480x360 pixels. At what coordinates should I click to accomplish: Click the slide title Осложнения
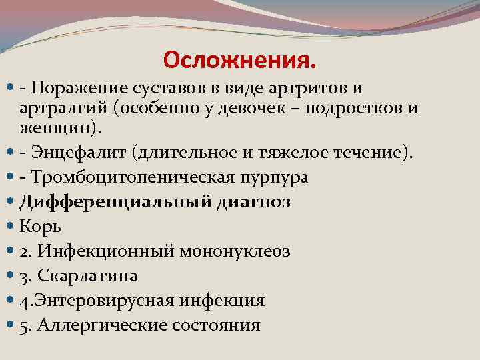239,61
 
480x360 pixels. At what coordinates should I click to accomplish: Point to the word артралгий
58,107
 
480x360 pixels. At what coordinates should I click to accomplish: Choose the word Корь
41,227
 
